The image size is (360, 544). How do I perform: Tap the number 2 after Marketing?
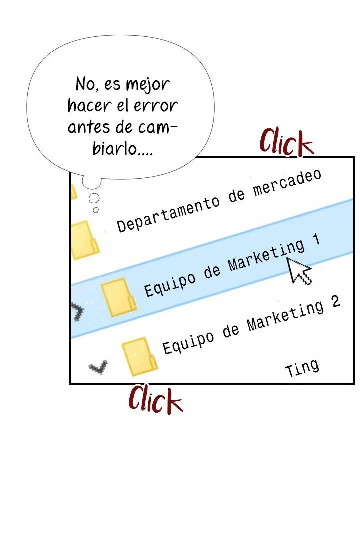tap(335, 302)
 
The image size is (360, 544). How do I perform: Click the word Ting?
tap(302, 368)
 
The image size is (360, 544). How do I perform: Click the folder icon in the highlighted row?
tap(119, 297)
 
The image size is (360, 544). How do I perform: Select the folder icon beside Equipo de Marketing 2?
tap(139, 357)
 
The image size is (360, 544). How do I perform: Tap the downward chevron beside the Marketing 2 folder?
tap(98, 368)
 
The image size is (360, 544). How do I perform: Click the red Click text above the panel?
tap(286, 142)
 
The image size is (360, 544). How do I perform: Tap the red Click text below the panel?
tap(155, 399)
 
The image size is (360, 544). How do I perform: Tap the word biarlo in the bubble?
tap(115, 148)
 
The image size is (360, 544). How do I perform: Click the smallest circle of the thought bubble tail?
tap(96, 210)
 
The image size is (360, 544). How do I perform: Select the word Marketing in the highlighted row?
tap(266, 256)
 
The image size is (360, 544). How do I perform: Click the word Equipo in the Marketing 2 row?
tap(188, 343)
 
